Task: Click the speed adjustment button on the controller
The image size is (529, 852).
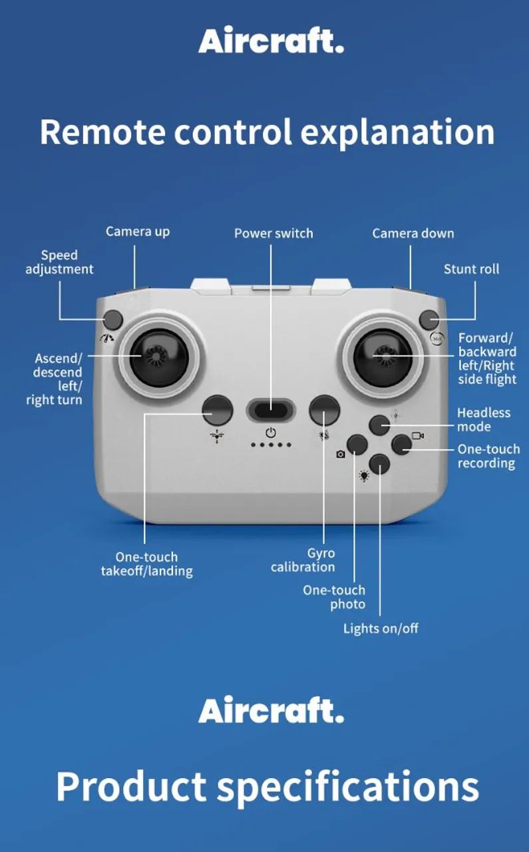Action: click(113, 319)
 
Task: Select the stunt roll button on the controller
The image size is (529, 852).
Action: click(429, 319)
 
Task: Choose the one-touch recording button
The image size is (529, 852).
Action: click(402, 445)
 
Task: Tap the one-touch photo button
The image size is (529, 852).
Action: click(357, 445)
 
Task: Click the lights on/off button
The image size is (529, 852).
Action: click(379, 464)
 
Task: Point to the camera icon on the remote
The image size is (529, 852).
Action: click(341, 454)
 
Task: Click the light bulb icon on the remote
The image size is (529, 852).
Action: click(364, 476)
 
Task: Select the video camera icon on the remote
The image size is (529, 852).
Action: click(418, 435)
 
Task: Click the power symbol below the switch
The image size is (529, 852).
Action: click(271, 433)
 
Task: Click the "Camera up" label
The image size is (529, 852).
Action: click(138, 232)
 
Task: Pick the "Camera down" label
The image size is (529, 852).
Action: click(413, 233)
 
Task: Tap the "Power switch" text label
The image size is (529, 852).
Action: click(274, 233)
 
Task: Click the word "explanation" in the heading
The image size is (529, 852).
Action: click(398, 132)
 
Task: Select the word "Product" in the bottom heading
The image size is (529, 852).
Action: click(132, 786)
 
